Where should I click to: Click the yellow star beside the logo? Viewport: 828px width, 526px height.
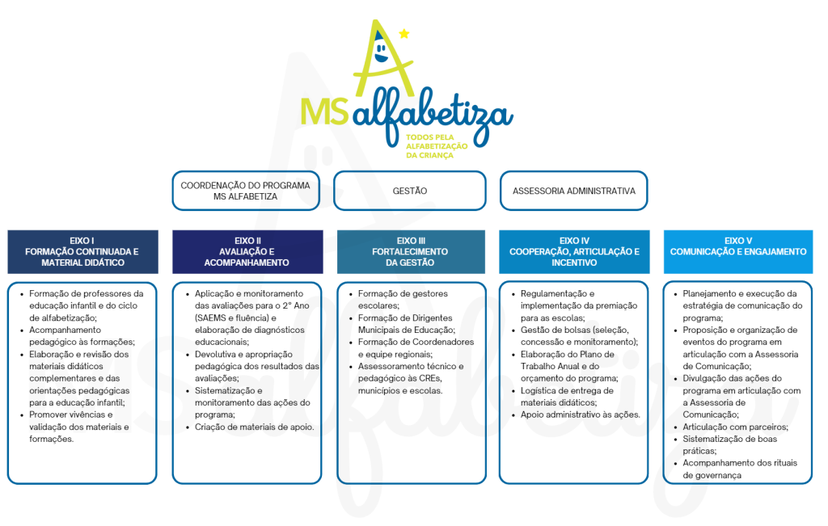click(404, 34)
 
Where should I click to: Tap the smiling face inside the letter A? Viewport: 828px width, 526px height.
click(380, 51)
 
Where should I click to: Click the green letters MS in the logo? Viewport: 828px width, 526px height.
click(324, 111)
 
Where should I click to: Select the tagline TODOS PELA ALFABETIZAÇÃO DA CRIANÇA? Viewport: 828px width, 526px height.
click(436, 146)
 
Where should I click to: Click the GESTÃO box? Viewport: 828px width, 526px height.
click(410, 191)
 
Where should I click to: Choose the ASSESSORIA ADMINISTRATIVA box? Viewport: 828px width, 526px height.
click(573, 191)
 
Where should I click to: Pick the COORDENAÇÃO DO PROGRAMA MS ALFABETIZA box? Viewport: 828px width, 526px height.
click(246, 191)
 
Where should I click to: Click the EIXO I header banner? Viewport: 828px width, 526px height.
click(83, 251)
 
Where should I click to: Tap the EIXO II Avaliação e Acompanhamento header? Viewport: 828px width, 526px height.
click(247, 251)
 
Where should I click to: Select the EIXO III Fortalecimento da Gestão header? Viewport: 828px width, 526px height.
click(411, 251)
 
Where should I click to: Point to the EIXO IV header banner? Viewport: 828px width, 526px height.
click(575, 251)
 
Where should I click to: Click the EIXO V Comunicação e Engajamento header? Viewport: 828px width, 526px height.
click(738, 251)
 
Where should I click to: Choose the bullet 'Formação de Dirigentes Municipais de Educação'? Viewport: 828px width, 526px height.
click(406, 324)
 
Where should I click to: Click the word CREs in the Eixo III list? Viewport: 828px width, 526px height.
click(429, 378)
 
